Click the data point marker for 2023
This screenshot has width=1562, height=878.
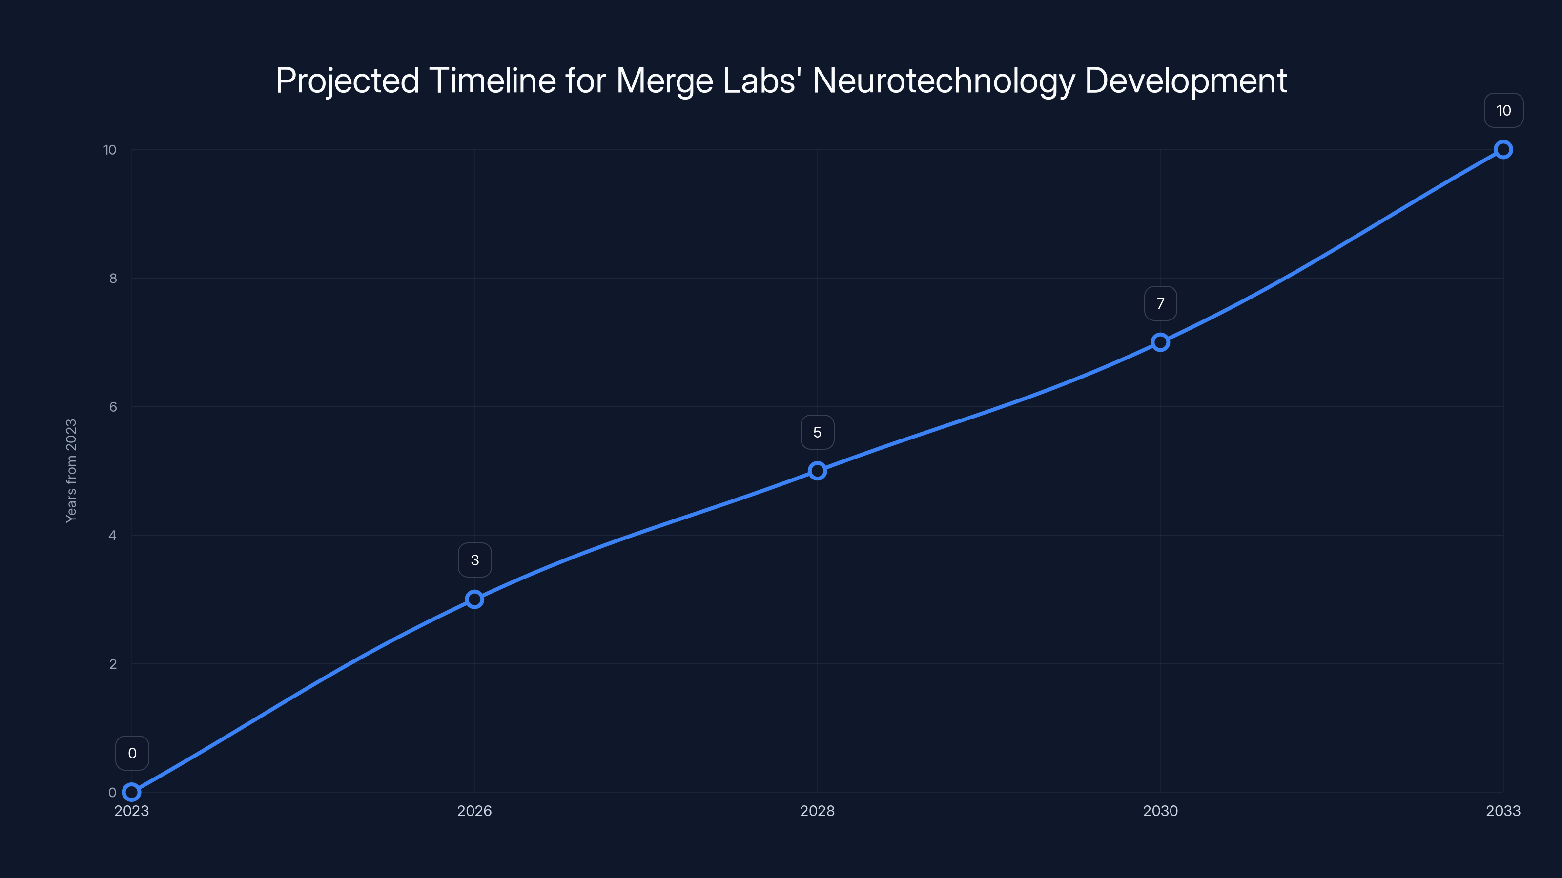(132, 792)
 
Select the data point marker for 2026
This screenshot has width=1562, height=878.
(474, 599)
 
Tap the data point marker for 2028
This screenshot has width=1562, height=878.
(818, 471)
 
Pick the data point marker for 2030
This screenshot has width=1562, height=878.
(1160, 342)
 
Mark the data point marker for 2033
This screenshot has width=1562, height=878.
(1503, 150)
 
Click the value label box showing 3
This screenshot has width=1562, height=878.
(474, 560)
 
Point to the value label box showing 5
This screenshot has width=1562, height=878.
(818, 432)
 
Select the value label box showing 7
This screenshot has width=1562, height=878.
(1160, 303)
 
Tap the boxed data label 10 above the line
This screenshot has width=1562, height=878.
(1503, 110)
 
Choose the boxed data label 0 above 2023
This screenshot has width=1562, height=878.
(132, 753)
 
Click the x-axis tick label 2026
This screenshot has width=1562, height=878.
(474, 811)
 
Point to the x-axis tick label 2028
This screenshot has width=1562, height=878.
(818, 811)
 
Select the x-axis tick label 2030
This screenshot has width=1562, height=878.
(1160, 811)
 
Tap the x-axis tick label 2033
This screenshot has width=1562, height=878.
(1503, 811)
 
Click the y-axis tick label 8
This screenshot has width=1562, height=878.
(113, 278)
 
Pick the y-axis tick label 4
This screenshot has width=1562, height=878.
(113, 535)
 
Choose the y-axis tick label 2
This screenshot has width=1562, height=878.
(113, 663)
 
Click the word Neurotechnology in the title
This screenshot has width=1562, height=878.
(943, 80)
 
